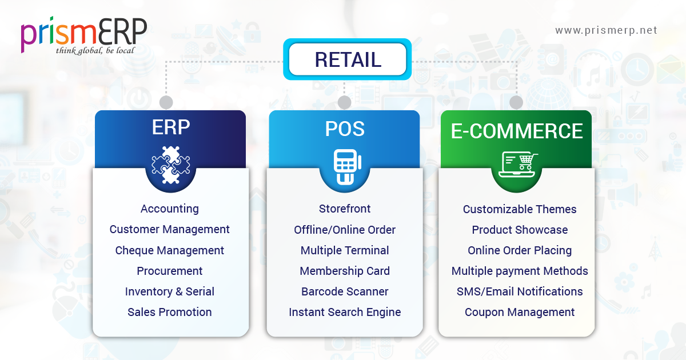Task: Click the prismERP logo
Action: click(84, 35)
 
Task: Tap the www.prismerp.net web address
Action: click(606, 30)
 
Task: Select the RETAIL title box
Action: click(348, 59)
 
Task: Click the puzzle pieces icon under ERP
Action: click(170, 165)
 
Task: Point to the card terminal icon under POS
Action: click(344, 167)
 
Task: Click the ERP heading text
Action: click(170, 128)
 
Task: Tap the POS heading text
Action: click(344, 129)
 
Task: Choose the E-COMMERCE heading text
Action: click(517, 131)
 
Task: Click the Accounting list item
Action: click(170, 209)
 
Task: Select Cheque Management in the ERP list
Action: click(170, 250)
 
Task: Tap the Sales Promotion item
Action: click(170, 312)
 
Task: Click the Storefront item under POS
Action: click(345, 209)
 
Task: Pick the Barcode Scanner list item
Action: click(345, 291)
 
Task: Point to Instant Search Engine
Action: click(345, 312)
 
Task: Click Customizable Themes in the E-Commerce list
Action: click(520, 209)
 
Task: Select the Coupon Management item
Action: click(520, 312)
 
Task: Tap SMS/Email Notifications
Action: click(520, 291)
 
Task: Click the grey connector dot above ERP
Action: click(166, 102)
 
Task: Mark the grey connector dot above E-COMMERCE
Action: click(516, 102)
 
